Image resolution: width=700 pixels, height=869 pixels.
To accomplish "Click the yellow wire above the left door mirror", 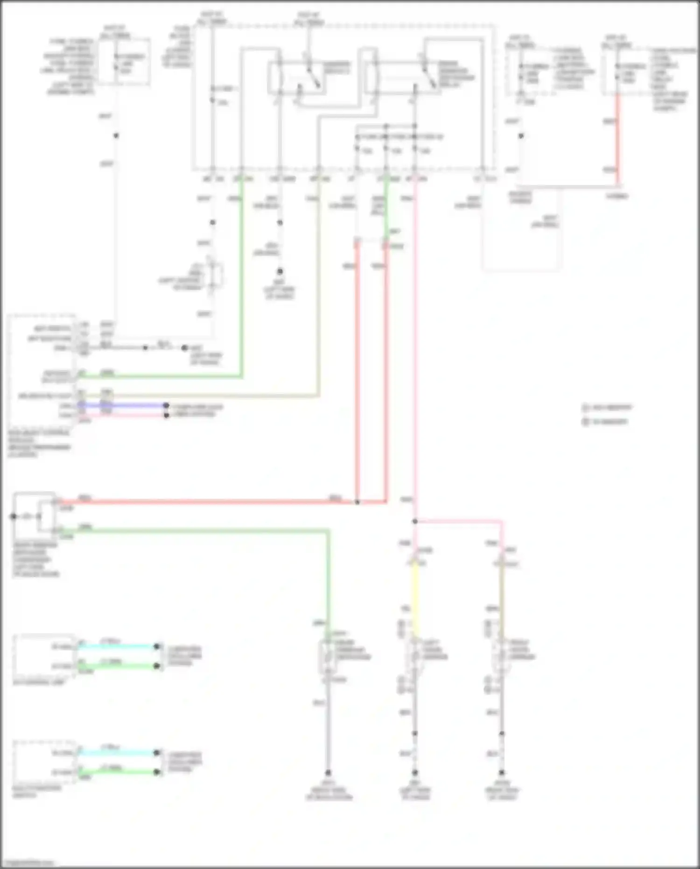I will [x=415, y=598].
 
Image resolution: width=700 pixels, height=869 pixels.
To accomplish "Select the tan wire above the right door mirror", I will [x=501, y=598].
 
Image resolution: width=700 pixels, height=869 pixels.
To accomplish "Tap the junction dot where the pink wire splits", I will [x=415, y=521].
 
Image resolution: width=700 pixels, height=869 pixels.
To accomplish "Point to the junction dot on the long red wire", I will [x=357, y=502].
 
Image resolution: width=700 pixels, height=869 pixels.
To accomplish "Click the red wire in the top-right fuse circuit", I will [x=617, y=140].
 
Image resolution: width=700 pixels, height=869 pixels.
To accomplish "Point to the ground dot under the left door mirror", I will [x=415, y=773].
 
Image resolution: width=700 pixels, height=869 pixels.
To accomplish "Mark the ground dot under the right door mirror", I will [x=502, y=773].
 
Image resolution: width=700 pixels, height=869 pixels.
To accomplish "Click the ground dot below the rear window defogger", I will [x=328, y=773].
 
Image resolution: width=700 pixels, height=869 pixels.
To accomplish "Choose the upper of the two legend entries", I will [x=607, y=408].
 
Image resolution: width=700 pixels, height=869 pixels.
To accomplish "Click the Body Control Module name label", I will [x=39, y=443].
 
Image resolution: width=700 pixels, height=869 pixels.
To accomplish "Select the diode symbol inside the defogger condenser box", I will [x=27, y=516].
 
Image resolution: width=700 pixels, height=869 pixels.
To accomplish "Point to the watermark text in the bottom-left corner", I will [x=28, y=863].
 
